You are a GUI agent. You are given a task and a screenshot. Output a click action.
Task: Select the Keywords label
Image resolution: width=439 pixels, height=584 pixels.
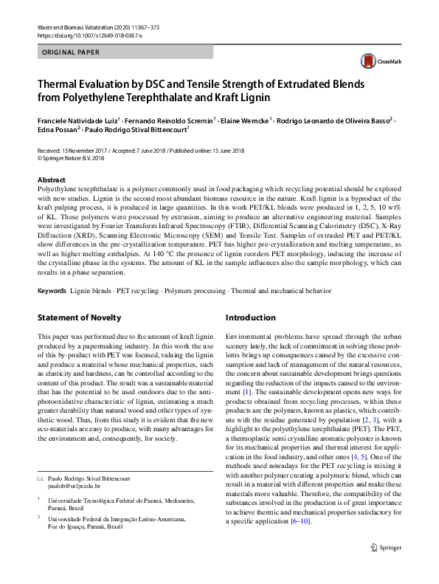[52, 291]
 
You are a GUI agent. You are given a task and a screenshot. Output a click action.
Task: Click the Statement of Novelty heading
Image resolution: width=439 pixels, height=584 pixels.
[79, 317]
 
